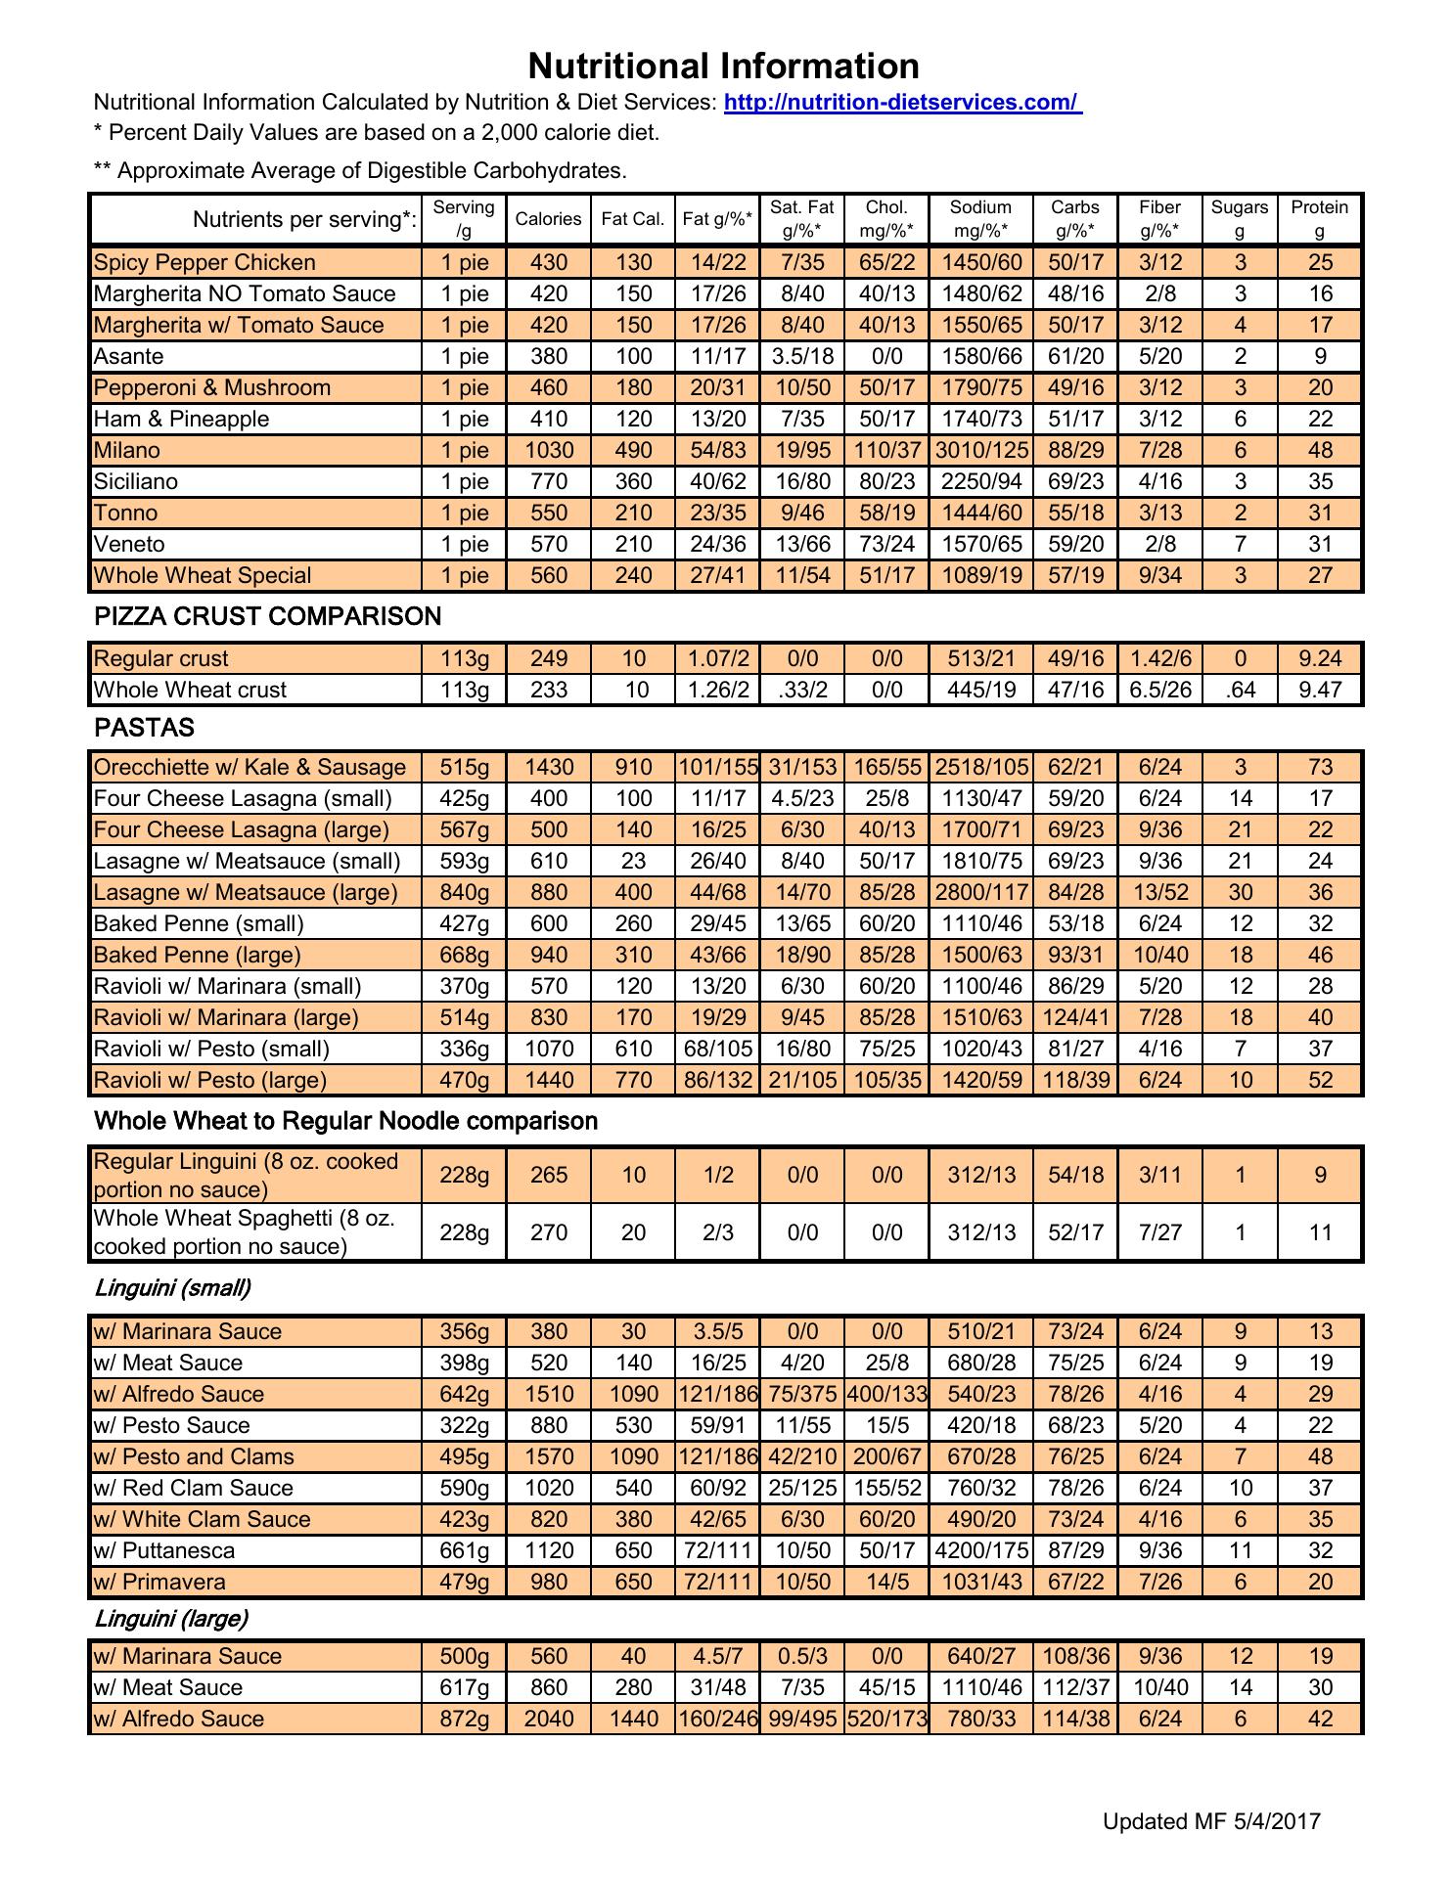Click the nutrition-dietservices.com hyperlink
pos(902,103)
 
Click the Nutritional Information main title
pos(723,67)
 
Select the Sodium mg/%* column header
pos(980,219)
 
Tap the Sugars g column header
pos(1239,219)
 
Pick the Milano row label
pos(127,450)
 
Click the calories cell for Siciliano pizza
pos(548,481)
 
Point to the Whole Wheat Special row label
pos(203,575)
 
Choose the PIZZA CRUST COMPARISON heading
pos(267,616)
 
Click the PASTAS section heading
pos(144,728)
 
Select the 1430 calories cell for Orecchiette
pos(548,767)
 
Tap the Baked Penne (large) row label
pos(197,955)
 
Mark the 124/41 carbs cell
pos(1075,1017)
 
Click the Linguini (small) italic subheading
pos(172,1288)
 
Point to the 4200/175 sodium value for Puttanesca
pos(980,1550)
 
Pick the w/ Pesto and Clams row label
pos(194,1456)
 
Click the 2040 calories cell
pos(548,1719)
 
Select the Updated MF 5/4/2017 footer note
pos(1211,1821)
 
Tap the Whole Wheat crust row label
pos(190,690)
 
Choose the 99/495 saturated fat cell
pos(802,1719)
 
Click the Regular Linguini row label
pos(247,1175)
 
